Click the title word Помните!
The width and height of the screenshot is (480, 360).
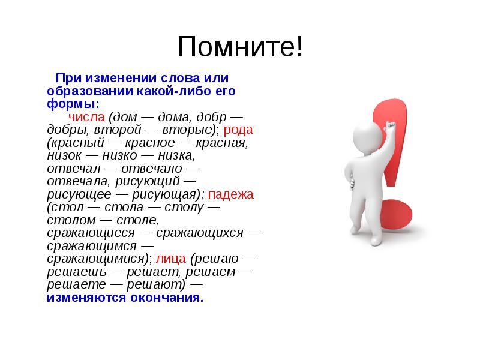239,47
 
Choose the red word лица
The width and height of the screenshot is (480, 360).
172,259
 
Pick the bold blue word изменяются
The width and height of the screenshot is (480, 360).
85,298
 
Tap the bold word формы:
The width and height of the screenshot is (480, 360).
66,104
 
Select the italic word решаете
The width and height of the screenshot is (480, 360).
69,285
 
